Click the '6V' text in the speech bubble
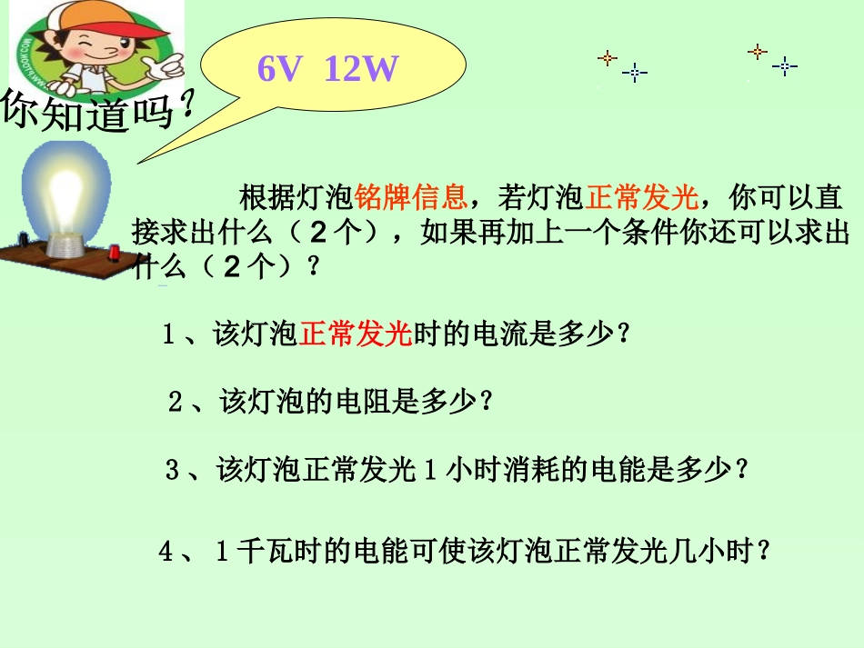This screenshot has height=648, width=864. (x=278, y=68)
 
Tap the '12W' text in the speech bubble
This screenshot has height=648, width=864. (x=360, y=68)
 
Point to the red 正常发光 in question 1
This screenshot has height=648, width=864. (x=356, y=334)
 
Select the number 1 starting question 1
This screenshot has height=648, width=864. (x=168, y=334)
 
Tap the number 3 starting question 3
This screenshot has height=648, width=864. (x=172, y=471)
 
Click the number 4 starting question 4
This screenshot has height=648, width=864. (x=166, y=552)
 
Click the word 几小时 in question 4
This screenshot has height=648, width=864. (x=709, y=551)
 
